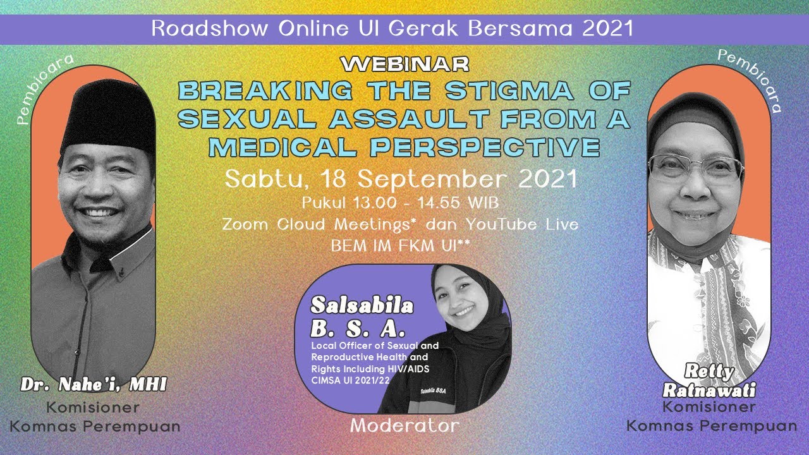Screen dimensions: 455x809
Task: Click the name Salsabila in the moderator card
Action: click(362, 306)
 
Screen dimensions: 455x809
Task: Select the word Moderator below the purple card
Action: click(405, 425)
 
